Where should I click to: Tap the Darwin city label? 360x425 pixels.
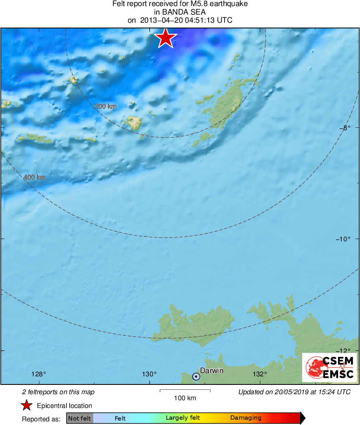coord(212,370)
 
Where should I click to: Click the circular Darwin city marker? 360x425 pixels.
coord(196,377)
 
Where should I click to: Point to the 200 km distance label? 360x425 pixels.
coord(105,106)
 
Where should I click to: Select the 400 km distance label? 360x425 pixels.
coord(34,177)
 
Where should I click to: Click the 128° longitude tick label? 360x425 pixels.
coord(39,374)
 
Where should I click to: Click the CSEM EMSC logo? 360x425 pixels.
coord(330,367)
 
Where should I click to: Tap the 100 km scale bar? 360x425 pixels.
coord(185,391)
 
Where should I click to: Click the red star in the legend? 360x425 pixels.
coord(27,406)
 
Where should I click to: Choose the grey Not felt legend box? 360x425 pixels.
coord(79,418)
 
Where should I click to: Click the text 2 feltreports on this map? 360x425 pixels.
coord(58,392)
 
